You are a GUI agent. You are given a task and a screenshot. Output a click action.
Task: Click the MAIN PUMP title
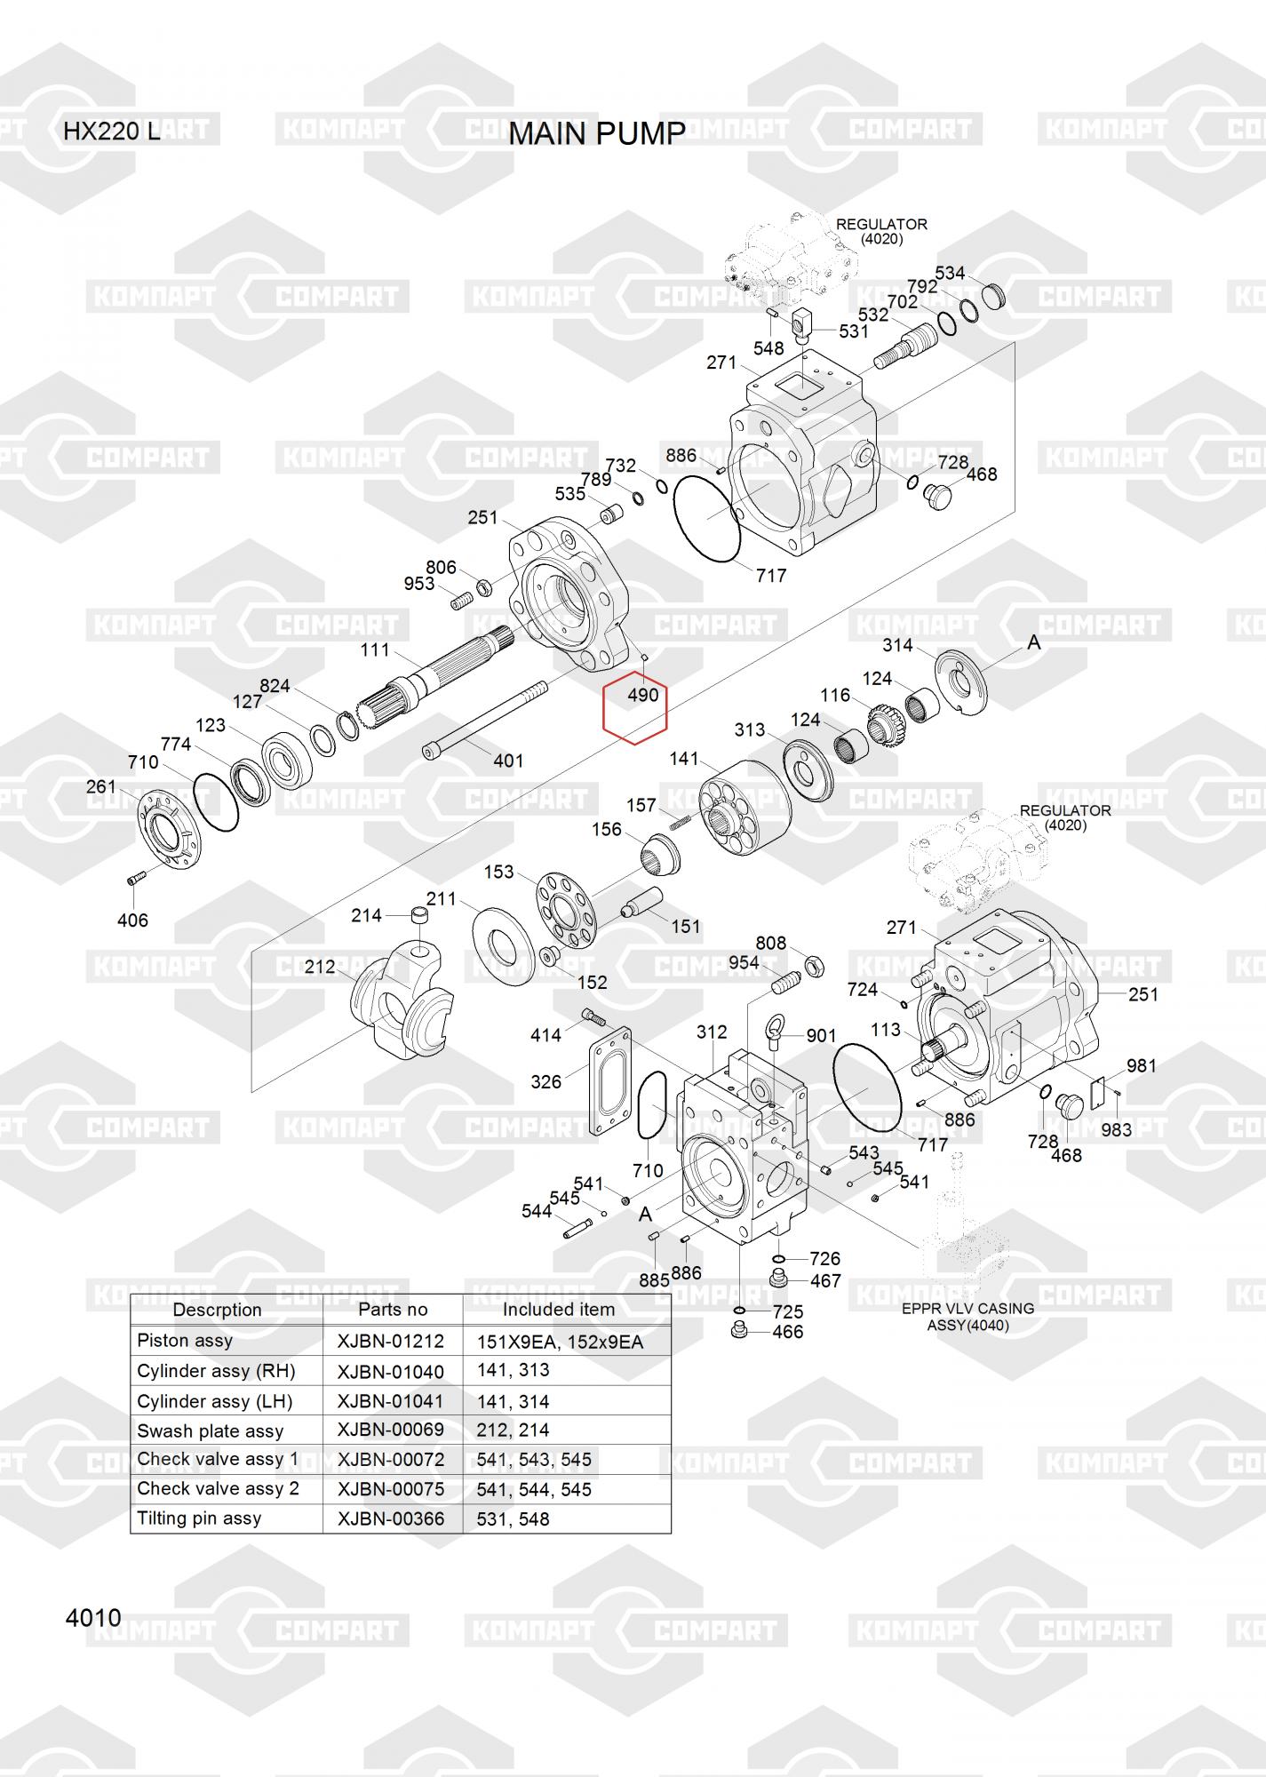click(596, 133)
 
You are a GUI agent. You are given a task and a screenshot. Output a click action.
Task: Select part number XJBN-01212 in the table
click(390, 1342)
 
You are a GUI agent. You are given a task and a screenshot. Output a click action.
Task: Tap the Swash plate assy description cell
click(210, 1430)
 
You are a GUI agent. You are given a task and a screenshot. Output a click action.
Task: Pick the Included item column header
click(558, 1310)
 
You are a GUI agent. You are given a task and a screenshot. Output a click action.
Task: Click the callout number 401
click(508, 761)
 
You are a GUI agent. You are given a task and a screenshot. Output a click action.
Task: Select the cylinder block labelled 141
click(744, 804)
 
